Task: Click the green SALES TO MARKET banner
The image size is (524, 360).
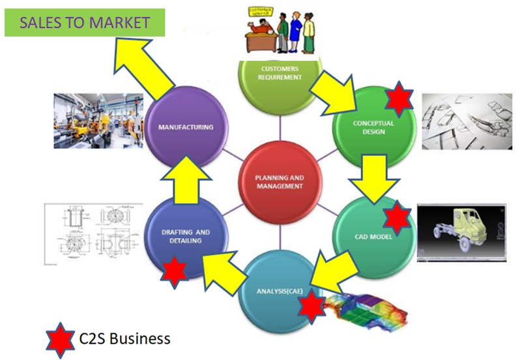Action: (84, 23)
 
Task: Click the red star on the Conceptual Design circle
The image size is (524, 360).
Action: (398, 99)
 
